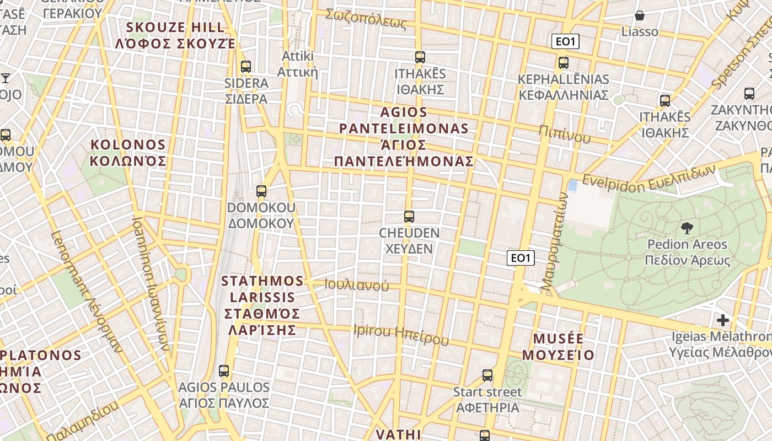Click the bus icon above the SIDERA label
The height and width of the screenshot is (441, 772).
[x=246, y=67]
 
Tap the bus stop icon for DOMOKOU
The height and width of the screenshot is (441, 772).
[x=261, y=191]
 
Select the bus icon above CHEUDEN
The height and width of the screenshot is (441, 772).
[x=409, y=217]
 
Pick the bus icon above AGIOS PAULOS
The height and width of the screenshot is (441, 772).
[x=223, y=371]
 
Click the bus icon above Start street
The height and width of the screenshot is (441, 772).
[x=487, y=375]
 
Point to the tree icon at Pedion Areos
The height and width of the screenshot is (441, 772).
[x=687, y=228]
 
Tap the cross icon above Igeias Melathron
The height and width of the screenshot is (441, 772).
[x=722, y=320]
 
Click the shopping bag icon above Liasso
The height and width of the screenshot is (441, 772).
[x=640, y=15]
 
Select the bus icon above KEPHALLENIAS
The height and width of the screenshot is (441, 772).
[x=563, y=63]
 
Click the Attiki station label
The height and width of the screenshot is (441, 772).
[x=298, y=64]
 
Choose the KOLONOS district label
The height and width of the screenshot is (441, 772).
[x=128, y=153]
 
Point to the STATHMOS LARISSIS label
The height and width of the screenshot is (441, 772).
[x=262, y=305]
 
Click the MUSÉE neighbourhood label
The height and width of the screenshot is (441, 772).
[x=558, y=346]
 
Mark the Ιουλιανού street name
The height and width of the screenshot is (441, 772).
[x=356, y=285]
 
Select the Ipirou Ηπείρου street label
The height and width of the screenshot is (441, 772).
[x=401, y=334]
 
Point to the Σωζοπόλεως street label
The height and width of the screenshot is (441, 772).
[x=366, y=19]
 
